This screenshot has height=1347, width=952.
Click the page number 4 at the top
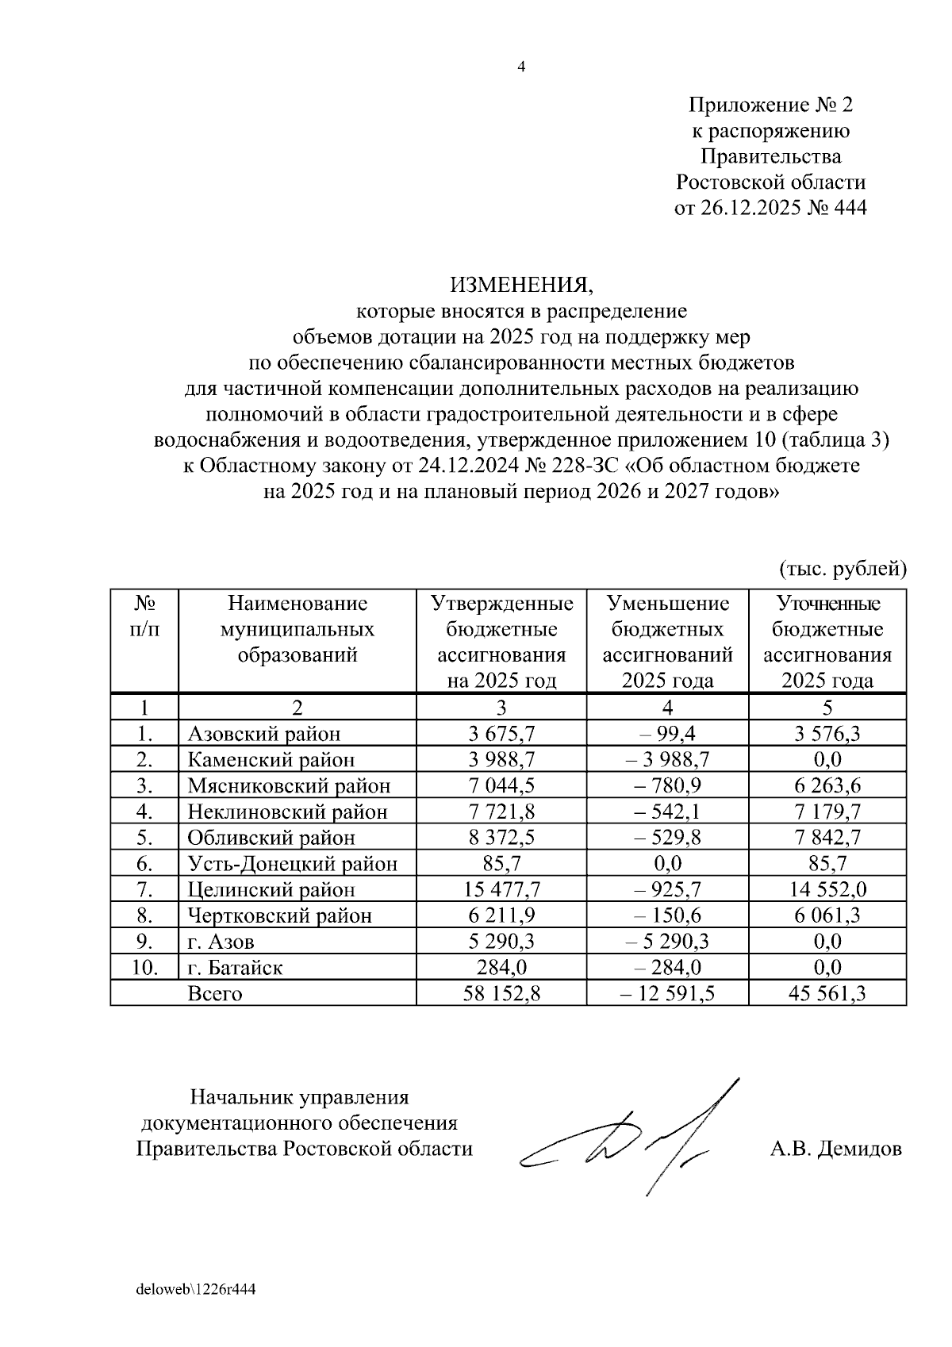tap(521, 67)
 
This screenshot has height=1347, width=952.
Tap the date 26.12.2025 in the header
tap(746, 208)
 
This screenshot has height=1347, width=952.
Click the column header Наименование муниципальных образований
tap(297, 629)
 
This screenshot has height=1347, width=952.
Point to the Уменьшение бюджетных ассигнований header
tap(667, 641)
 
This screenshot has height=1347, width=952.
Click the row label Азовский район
tap(263, 734)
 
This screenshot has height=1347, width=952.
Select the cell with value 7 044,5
tap(501, 785)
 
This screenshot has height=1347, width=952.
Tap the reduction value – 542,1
tap(667, 812)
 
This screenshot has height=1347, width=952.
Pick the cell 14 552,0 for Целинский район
tap(827, 889)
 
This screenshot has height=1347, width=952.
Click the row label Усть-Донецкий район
tap(292, 863)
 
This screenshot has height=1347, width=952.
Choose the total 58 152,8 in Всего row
tap(501, 993)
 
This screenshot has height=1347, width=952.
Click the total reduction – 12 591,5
tap(667, 993)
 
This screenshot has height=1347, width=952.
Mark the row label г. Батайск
tap(235, 967)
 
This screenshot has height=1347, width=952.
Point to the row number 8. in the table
tap(144, 915)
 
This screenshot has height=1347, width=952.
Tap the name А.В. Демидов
tap(835, 1148)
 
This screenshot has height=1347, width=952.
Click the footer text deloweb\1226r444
tap(195, 1289)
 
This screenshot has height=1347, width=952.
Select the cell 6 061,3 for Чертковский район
tap(827, 915)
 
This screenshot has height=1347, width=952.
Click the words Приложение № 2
tap(770, 105)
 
